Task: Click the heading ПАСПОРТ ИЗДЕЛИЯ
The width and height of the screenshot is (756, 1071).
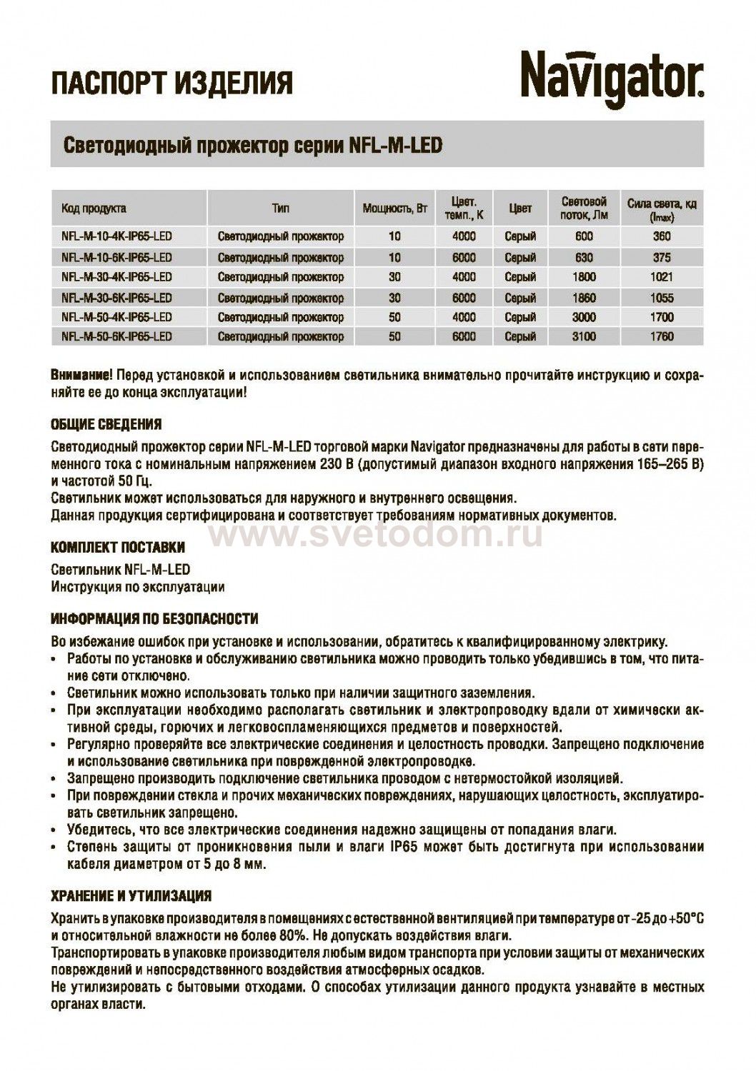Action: [x=171, y=84]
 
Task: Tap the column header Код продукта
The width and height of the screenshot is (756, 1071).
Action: [x=94, y=208]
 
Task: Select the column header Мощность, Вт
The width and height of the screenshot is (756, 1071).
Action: [x=395, y=208]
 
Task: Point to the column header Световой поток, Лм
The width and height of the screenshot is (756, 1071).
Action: [x=584, y=208]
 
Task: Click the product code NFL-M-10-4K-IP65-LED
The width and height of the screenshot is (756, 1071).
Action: [x=116, y=236]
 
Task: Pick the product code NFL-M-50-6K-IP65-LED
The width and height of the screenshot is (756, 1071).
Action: [x=116, y=336]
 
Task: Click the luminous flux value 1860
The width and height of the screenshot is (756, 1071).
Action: [x=584, y=298]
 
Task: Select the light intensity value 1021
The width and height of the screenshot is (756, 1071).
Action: [x=662, y=277]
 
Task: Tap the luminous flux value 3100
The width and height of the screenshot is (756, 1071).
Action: [x=584, y=336]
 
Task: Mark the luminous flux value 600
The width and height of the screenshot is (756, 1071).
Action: [x=584, y=236]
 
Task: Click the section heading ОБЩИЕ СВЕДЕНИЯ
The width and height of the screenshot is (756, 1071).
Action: [x=106, y=425]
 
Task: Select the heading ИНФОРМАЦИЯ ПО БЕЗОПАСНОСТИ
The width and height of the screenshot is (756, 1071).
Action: [x=154, y=619]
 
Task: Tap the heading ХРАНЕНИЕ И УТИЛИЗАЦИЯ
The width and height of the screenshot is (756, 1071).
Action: [x=131, y=896]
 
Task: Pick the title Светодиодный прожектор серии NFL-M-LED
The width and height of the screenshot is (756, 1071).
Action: [x=254, y=146]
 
